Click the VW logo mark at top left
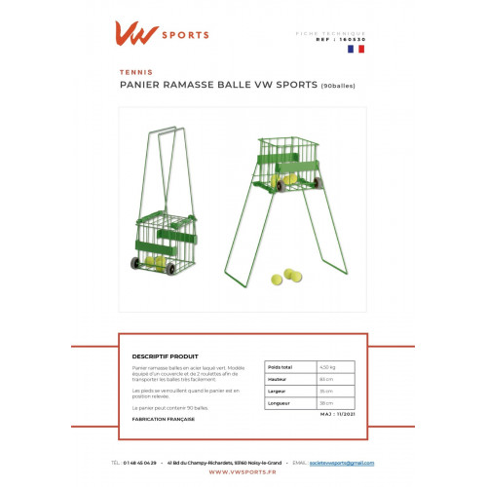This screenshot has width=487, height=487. pyautogui.click(x=138, y=35)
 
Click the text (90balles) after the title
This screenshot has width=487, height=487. pyautogui.click(x=338, y=85)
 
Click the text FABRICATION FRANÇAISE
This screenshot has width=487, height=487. pyautogui.click(x=163, y=419)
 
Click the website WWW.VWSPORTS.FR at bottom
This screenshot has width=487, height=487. pyautogui.click(x=243, y=474)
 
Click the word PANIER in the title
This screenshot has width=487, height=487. pyautogui.click(x=139, y=84)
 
